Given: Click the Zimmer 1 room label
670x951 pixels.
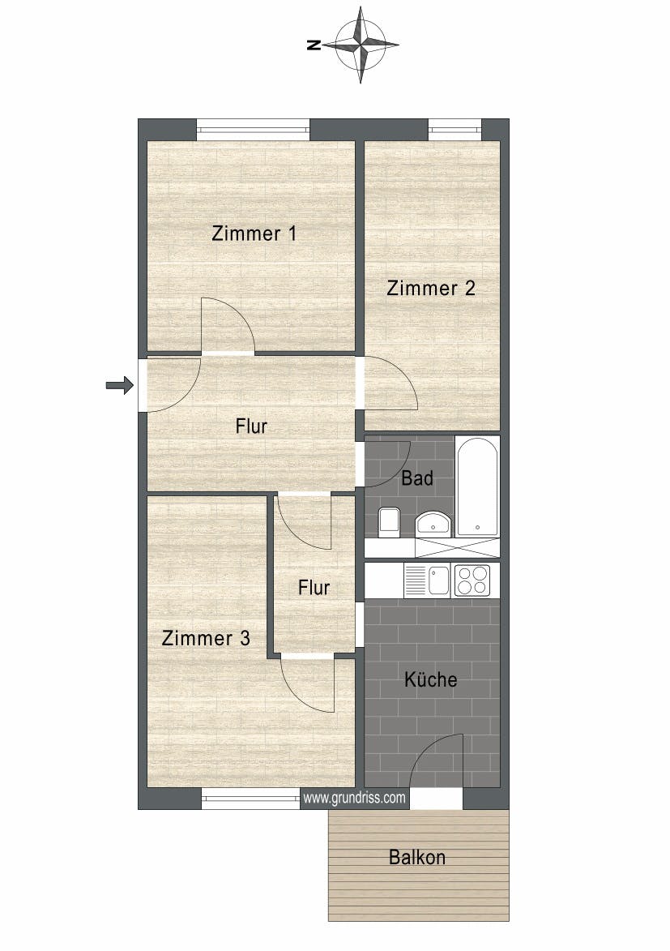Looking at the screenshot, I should coord(254,233).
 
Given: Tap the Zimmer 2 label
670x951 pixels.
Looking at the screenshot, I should coord(430,288).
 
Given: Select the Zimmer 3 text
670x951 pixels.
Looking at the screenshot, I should coord(206,638).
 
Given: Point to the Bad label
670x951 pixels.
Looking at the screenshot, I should coord(417,478).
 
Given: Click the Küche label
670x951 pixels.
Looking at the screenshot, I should coord(431,679).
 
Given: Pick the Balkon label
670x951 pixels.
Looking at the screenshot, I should coord(416,857).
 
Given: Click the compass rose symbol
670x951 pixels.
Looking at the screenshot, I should coord(361,45).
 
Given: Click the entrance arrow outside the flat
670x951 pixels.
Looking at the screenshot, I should coord(119,385).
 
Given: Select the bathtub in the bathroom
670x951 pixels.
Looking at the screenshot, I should coord(477,486).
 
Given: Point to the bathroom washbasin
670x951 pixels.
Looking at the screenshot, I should coord(433,524).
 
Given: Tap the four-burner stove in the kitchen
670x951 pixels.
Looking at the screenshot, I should coord(472,580).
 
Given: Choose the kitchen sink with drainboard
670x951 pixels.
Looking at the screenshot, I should coord(427,580).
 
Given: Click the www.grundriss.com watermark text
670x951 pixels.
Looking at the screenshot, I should coord(355,798).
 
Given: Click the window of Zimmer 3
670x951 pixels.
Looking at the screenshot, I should coord(250,799).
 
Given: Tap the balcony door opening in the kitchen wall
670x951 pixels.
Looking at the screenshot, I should coord(436,799).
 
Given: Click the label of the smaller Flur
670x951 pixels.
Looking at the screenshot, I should coord(314,587).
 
